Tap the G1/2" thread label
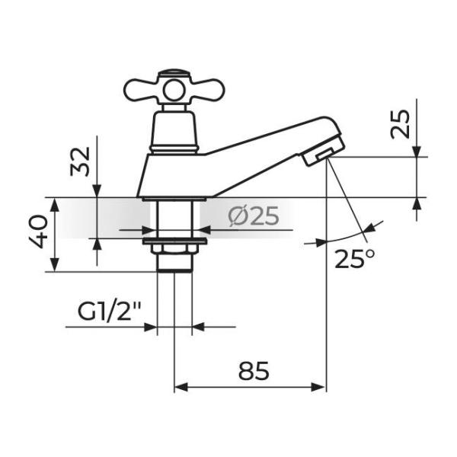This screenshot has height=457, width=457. click(x=109, y=312)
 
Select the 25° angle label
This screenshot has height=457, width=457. click(x=354, y=259)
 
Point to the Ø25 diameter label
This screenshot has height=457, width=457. click(x=254, y=216)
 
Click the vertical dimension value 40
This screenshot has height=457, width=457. click(x=38, y=231)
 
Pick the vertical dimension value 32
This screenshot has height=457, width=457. click(x=80, y=161)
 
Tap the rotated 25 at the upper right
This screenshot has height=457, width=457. click(x=400, y=123)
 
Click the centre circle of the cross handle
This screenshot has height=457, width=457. click(x=174, y=91)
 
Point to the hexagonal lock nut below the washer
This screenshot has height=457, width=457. click(x=174, y=248)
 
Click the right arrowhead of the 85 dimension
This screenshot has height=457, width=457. click(x=318, y=388)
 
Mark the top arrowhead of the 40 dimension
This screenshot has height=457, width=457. click(x=55, y=205)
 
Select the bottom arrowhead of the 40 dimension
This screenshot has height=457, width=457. click(x=55, y=264)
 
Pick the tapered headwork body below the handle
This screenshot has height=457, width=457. click(x=174, y=132)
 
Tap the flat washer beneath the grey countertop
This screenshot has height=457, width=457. click(x=174, y=241)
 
